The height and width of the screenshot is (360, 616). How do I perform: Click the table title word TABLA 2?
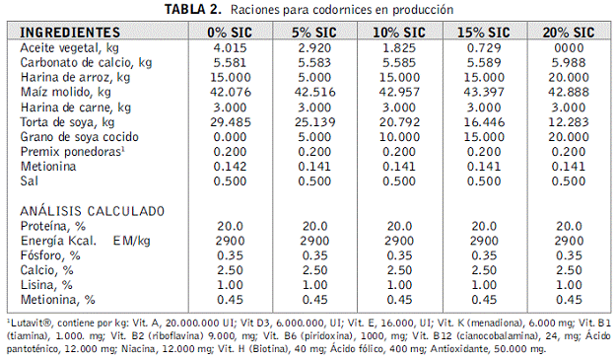pos(193,9)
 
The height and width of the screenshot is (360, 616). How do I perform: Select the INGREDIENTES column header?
pos(70,33)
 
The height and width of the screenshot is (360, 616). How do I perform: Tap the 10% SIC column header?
pos(399,33)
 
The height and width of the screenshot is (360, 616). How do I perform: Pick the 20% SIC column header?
pos(569,33)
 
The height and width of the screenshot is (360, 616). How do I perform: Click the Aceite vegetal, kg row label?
pos(69,48)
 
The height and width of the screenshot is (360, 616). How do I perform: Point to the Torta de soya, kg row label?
pos(67,122)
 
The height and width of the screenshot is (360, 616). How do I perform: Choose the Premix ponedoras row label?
pos(72,152)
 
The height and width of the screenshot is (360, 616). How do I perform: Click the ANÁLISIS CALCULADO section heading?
pos(93,211)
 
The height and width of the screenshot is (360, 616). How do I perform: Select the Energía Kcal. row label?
pos(58,241)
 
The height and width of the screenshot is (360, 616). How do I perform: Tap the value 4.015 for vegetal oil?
pos(231,48)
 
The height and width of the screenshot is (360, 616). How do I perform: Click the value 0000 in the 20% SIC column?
pos(569,48)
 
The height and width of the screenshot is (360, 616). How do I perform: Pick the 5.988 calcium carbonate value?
pos(569,63)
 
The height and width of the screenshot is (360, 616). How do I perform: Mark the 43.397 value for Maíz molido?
pos(484,93)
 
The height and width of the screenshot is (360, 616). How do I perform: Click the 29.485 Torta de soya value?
pos(231,122)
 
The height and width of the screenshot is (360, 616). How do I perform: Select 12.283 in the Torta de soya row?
pos(569,122)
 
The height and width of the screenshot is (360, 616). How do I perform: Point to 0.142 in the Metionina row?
pos(231,167)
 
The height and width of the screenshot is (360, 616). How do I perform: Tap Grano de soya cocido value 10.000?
pos(399,137)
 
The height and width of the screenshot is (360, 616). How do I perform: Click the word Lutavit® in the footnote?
pos(31,324)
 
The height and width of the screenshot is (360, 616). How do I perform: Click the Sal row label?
pos(29,181)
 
